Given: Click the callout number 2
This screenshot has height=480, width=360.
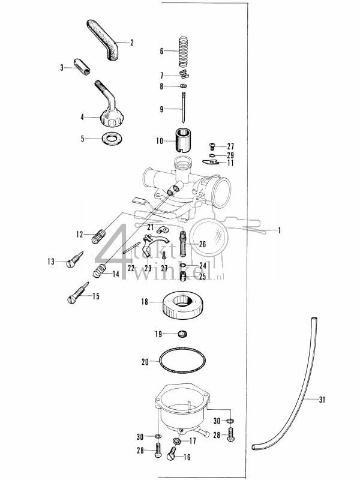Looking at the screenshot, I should coord(131,43).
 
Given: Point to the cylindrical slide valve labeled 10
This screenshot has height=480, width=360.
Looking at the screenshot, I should coord(183,141).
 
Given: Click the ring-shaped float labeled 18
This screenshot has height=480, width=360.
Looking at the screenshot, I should coord(183,304).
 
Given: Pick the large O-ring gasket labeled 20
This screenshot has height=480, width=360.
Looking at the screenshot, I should coord(184,362).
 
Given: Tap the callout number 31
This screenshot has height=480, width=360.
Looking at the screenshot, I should coord(322,400).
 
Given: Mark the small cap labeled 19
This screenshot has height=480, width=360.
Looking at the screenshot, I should coord(182,334).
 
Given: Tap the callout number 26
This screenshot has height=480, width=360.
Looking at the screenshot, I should coord(202,244).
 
